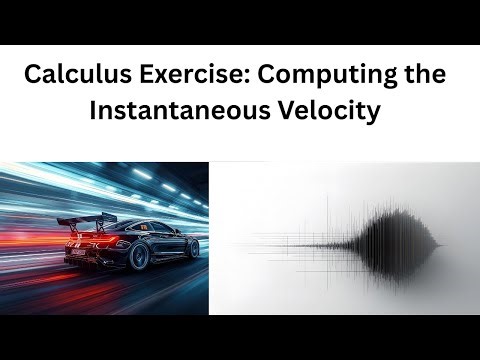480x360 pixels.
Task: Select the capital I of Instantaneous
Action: tap(94, 111)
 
